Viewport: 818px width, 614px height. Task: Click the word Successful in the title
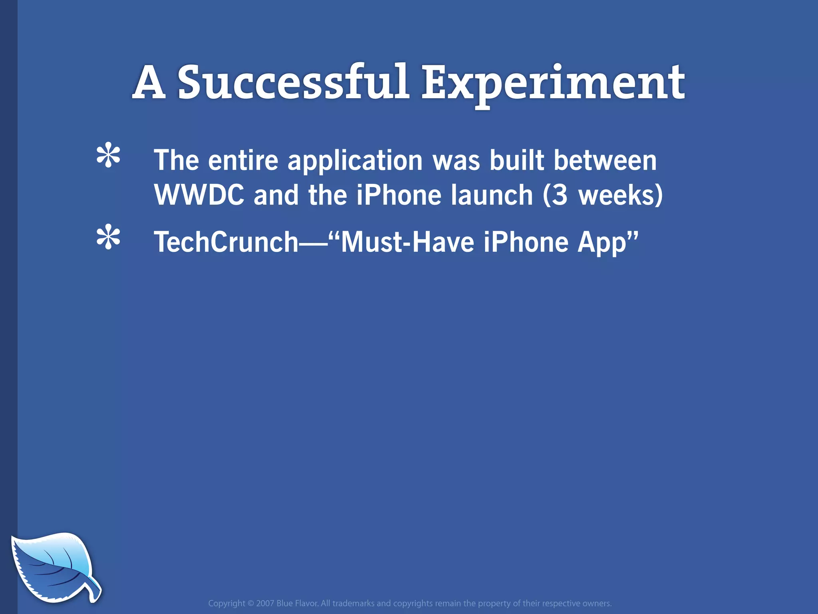pyautogui.click(x=294, y=83)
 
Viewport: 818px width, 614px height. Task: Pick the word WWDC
pyautogui.click(x=199, y=195)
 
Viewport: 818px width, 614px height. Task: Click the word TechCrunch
pyautogui.click(x=226, y=242)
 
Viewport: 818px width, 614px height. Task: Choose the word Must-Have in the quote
pyautogui.click(x=407, y=242)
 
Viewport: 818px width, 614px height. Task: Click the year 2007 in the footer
pyautogui.click(x=265, y=603)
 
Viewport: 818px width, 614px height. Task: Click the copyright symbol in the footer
pyautogui.click(x=250, y=603)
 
